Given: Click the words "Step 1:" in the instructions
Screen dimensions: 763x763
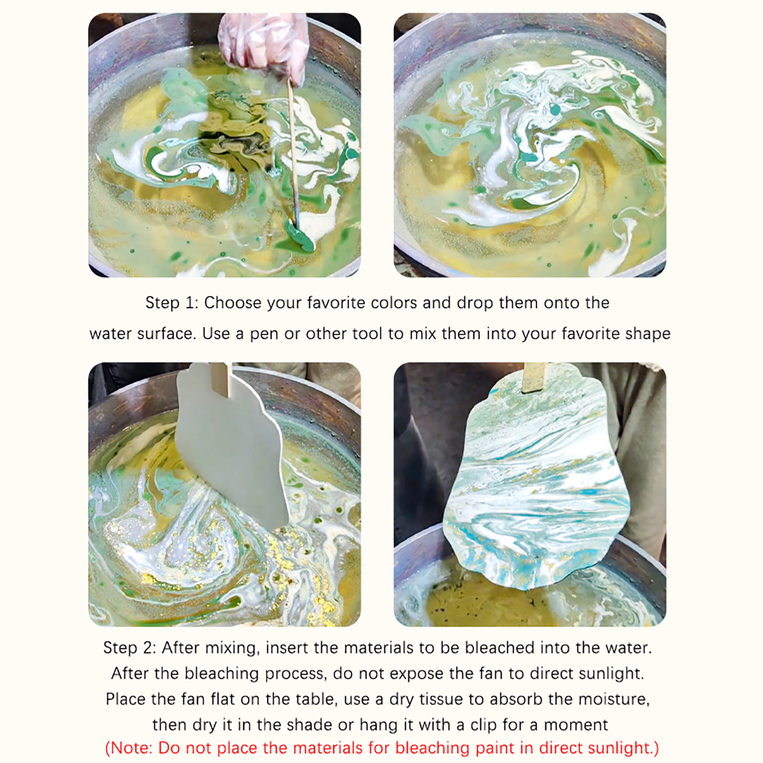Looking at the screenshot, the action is pyautogui.click(x=172, y=303).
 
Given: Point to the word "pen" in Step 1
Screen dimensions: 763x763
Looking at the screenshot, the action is pyautogui.click(x=264, y=334).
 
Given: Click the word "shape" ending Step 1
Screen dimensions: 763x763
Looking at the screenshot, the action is pyautogui.click(x=648, y=333).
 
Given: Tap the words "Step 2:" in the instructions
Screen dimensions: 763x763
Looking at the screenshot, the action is pyautogui.click(x=130, y=648).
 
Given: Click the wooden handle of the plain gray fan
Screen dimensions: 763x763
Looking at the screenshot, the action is pyautogui.click(x=221, y=379).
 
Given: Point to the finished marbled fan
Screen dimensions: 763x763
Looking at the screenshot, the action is pyautogui.click(x=536, y=477).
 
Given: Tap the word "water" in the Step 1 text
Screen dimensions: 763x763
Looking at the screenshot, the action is pyautogui.click(x=111, y=333).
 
